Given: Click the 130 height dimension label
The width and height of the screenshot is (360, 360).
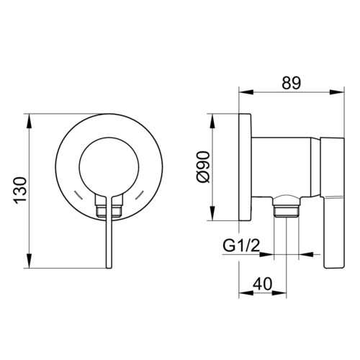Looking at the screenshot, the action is pyautogui.click(x=20, y=191).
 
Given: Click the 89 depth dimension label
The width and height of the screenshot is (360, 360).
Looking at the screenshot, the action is pyautogui.click(x=292, y=83).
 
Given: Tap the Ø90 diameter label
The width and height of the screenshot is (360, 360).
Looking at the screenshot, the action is pyautogui.click(x=203, y=167).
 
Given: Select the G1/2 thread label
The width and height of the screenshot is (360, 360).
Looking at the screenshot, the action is pyautogui.click(x=241, y=246).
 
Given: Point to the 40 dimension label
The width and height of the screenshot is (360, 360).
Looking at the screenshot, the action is pyautogui.click(x=263, y=284).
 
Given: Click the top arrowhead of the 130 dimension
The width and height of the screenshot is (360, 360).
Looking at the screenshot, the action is pyautogui.click(x=29, y=121).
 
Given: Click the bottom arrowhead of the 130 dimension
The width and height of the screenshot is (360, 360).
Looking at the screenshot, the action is pyautogui.click(x=29, y=261).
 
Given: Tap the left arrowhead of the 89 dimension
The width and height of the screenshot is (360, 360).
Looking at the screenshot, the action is pyautogui.click(x=246, y=92).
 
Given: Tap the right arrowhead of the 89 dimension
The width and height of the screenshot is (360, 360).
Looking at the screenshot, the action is pyautogui.click(x=337, y=92).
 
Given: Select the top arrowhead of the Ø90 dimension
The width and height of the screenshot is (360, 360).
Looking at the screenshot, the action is pyautogui.click(x=213, y=121).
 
